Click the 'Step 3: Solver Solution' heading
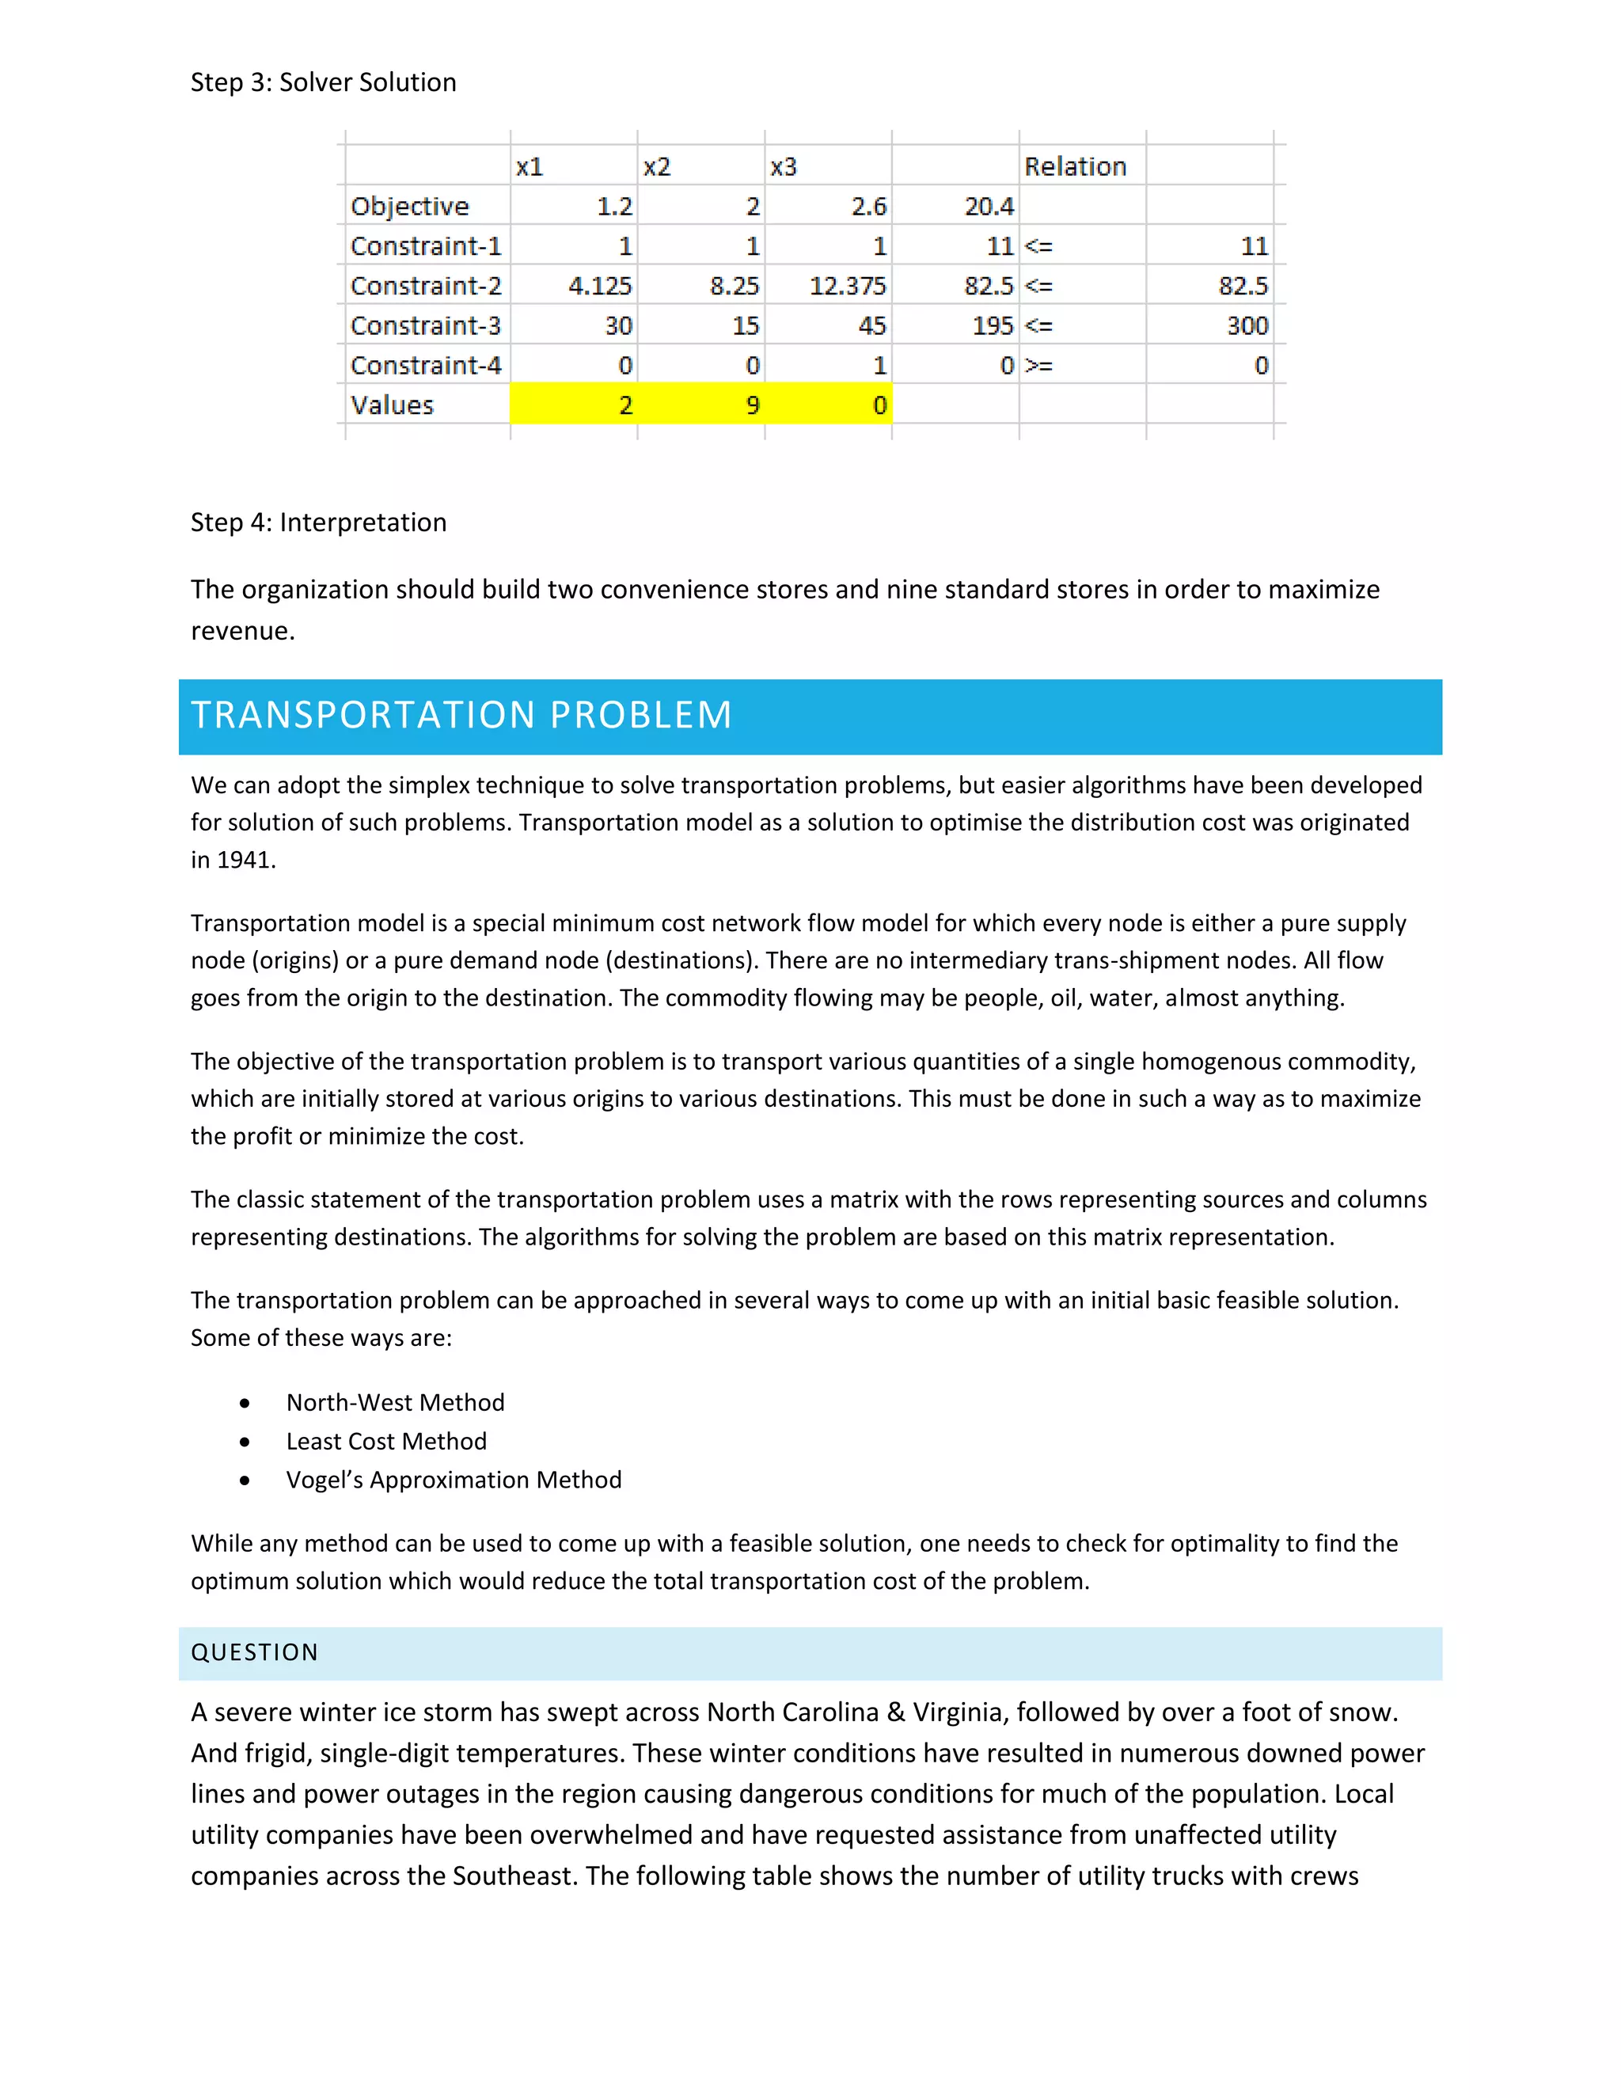323,82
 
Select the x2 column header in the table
657,167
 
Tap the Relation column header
1075,167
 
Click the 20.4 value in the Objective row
988,207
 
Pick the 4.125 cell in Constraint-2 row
599,287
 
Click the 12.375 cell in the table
847,287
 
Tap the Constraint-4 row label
425,366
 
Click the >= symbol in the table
1039,366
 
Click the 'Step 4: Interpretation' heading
318,523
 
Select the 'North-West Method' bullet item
395,1403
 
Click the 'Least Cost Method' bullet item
386,1441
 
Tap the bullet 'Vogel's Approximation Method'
454,1480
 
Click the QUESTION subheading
255,1652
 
